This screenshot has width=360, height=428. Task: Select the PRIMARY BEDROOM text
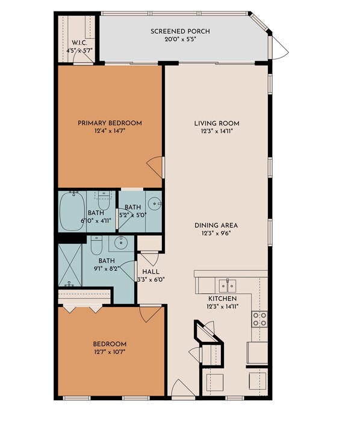110,123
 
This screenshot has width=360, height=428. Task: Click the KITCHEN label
222,299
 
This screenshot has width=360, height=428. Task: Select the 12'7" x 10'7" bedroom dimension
110,352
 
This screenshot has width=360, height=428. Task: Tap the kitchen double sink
227,284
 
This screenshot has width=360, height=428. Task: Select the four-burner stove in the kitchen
259,319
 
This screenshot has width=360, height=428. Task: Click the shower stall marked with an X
70,265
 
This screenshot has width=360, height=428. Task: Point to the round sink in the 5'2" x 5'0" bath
155,203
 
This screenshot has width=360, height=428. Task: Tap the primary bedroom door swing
156,166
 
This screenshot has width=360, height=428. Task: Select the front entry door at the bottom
179,388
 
